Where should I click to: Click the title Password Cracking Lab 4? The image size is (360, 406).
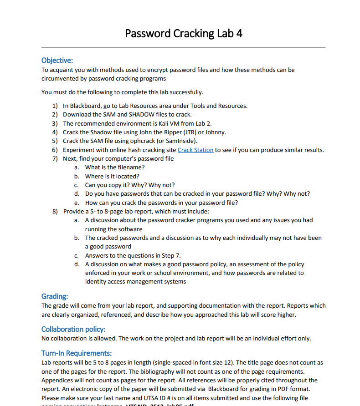click(x=183, y=34)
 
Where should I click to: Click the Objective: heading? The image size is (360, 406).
click(x=57, y=61)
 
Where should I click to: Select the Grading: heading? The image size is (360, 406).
click(x=55, y=296)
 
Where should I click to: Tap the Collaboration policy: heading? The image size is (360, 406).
click(x=73, y=329)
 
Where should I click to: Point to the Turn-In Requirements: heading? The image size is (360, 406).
click(x=76, y=353)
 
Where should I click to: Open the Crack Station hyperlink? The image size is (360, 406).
click(x=195, y=150)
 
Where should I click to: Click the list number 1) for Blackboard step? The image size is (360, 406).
click(x=55, y=106)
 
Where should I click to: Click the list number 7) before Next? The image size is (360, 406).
click(x=55, y=159)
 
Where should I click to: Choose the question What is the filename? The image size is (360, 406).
click(x=115, y=167)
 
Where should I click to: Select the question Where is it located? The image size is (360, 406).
click(x=112, y=176)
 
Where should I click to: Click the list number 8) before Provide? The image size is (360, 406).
click(x=55, y=212)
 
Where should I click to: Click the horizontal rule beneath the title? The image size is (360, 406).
click(x=183, y=47)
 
